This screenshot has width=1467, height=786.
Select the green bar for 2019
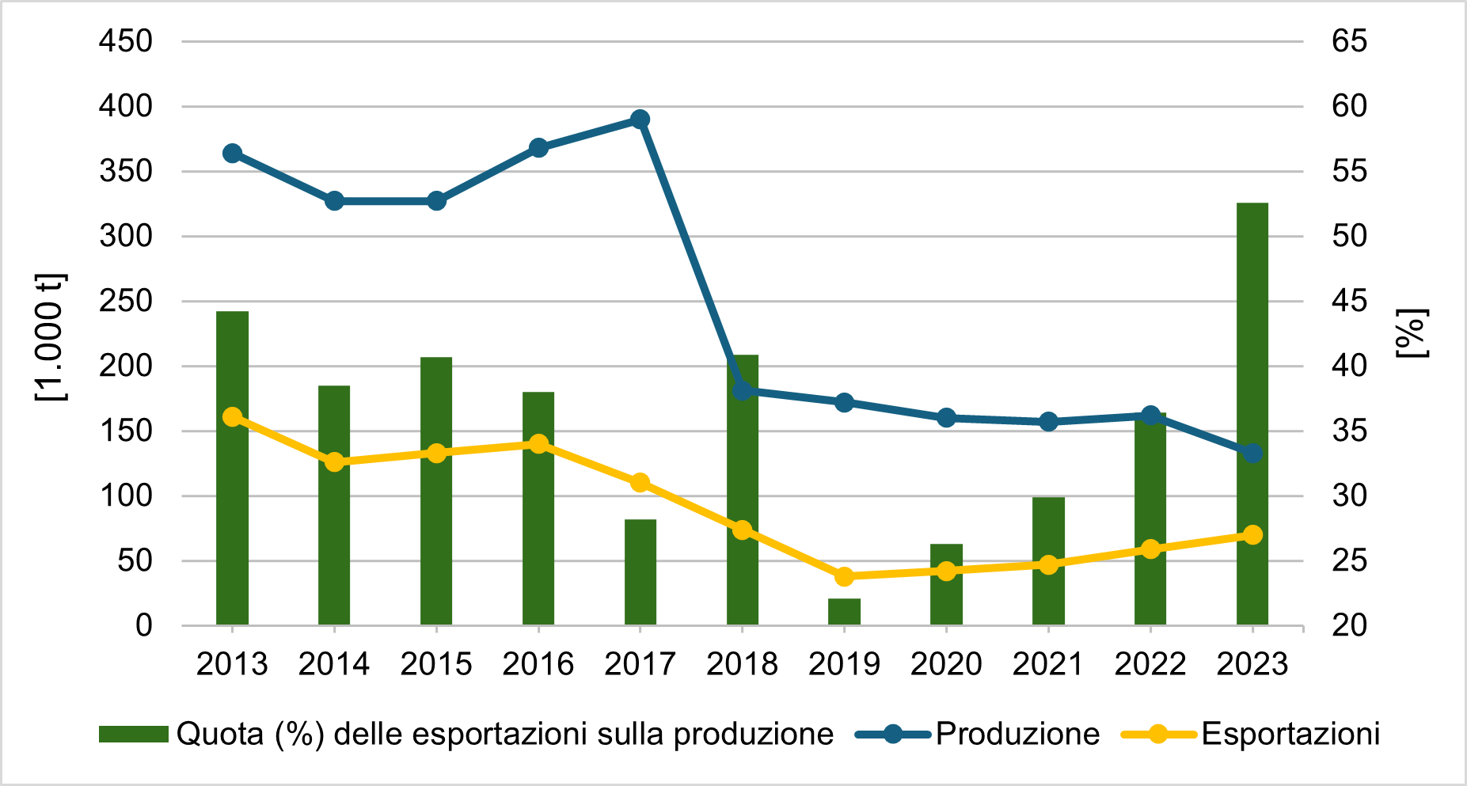[844, 612]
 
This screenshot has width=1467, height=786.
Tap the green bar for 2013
[232, 468]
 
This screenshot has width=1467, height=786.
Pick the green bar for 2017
[640, 571]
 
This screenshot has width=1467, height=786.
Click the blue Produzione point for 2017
[640, 120]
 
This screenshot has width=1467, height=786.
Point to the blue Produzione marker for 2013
[232, 154]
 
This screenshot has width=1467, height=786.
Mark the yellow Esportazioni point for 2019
[844, 576]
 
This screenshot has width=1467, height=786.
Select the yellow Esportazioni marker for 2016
[538, 443]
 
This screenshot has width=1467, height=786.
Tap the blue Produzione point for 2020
[946, 418]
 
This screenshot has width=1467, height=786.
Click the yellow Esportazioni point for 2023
[1252, 535]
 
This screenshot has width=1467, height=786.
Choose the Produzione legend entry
[1017, 735]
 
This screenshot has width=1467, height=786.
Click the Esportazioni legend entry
[1290, 735]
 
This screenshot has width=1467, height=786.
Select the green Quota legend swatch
[133, 735]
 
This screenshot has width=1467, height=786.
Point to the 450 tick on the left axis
[126, 41]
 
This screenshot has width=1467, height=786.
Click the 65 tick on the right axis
[1349, 41]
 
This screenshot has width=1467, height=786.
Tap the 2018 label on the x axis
[742, 664]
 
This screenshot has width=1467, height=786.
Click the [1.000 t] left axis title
[51, 336]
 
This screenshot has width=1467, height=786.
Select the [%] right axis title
[1412, 333]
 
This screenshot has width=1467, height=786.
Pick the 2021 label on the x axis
[1048, 664]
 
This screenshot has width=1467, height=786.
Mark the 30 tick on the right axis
[1349, 496]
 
